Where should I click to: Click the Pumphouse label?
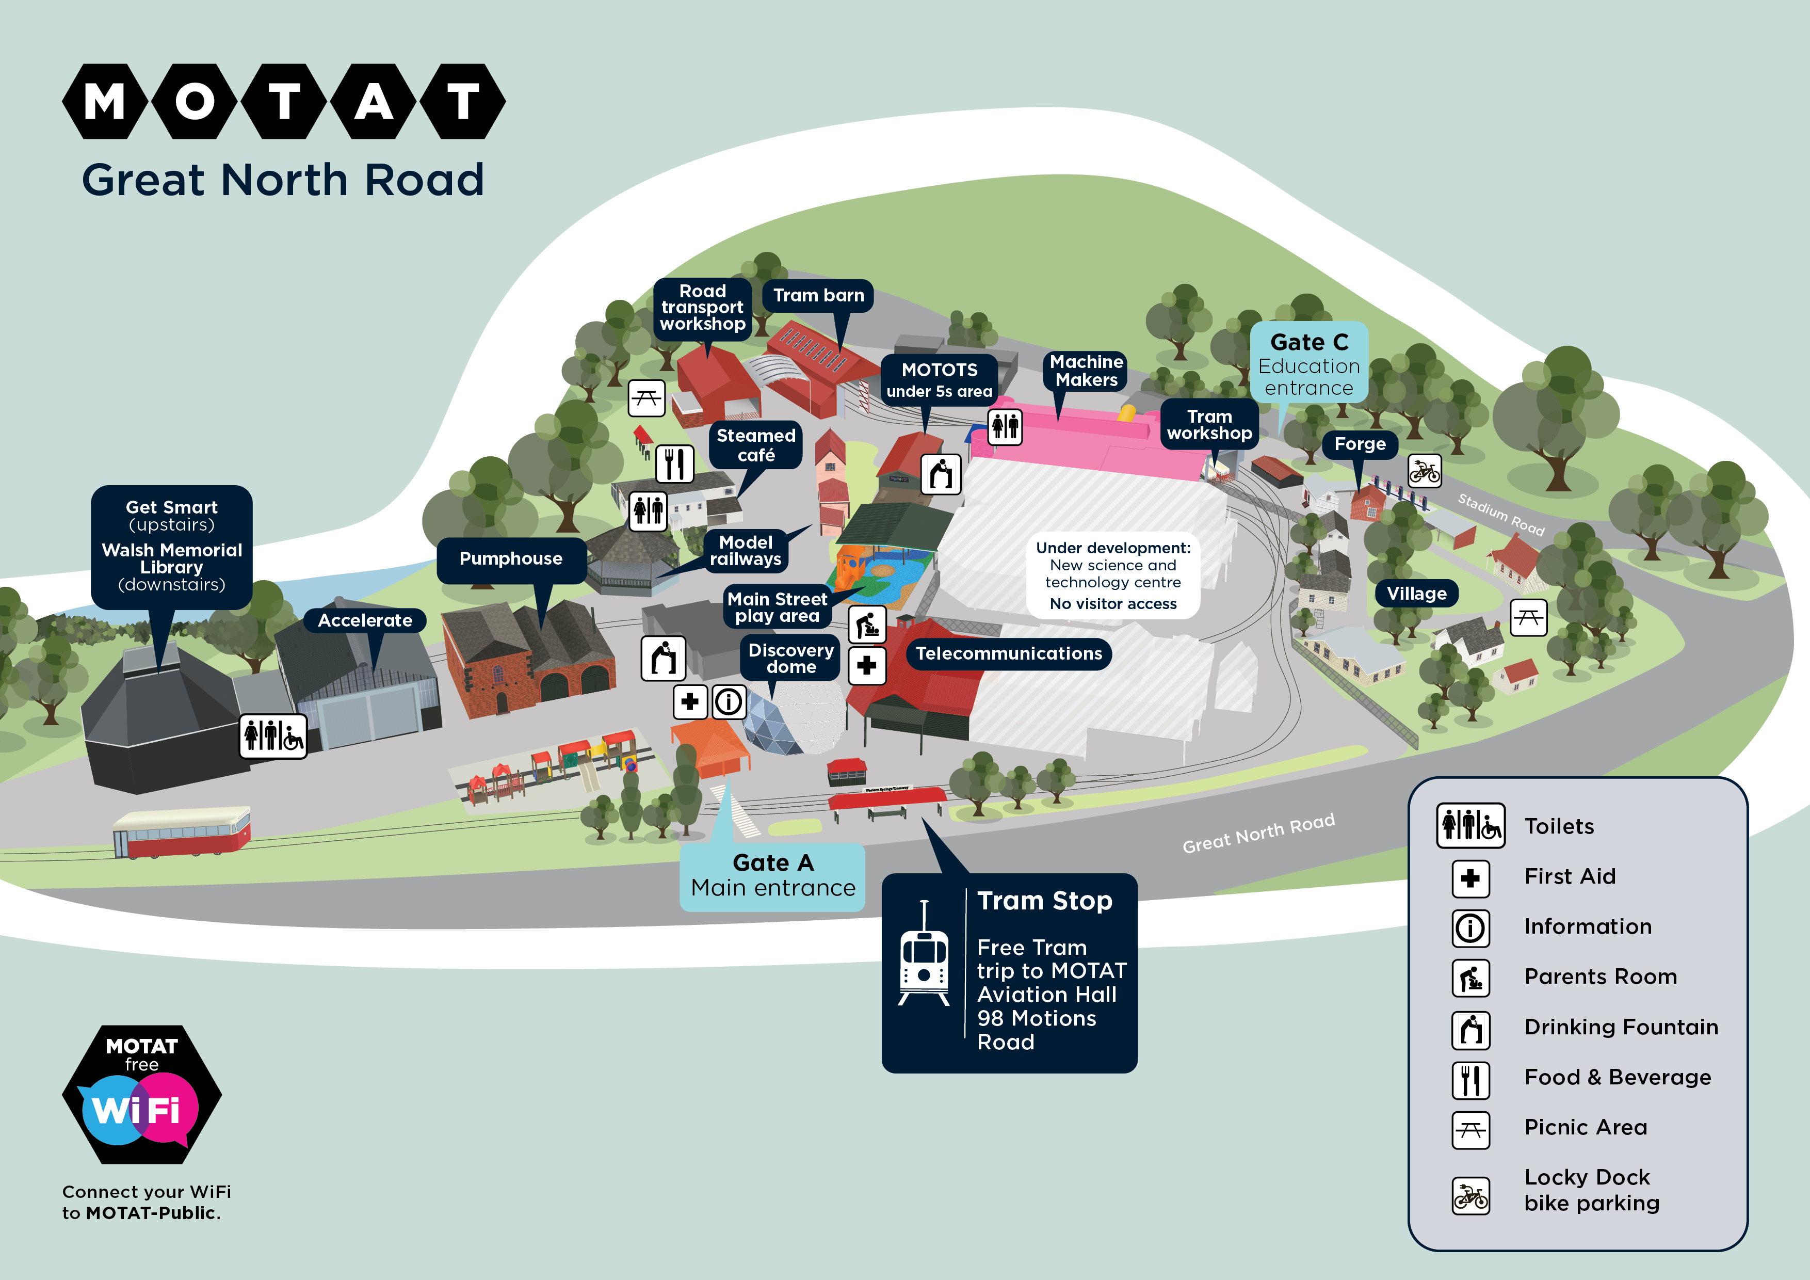[x=511, y=559]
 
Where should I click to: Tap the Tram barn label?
[x=818, y=296]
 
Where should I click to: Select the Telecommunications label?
[x=1008, y=654]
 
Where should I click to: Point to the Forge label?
[x=1359, y=445]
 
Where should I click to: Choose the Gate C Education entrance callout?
[x=1308, y=364]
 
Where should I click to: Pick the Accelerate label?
[x=365, y=621]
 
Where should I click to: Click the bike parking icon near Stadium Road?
[x=1424, y=472]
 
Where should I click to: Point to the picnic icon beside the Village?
[x=1528, y=617]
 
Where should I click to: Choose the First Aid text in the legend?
[x=1570, y=876]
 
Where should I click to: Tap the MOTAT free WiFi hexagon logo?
[x=142, y=1095]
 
